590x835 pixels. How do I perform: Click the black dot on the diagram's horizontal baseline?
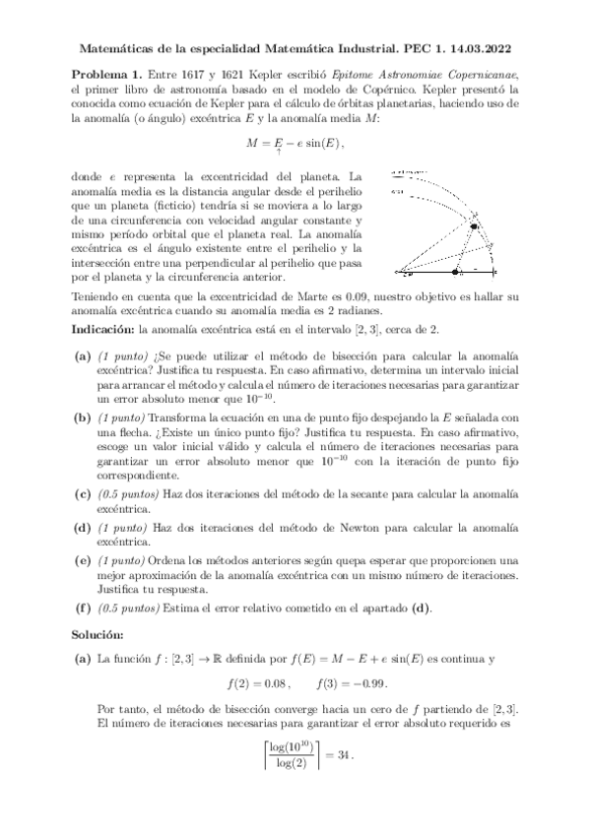click(x=454, y=271)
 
